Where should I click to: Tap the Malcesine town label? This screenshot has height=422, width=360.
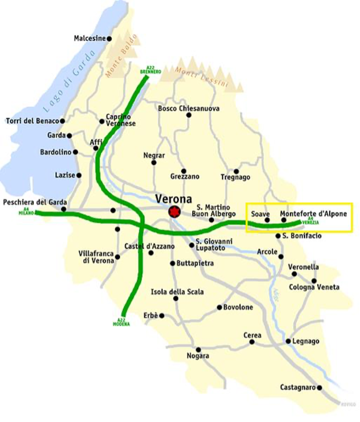point(89,38)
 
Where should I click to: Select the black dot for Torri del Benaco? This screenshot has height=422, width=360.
point(62,120)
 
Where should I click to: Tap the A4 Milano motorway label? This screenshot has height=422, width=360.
point(26,212)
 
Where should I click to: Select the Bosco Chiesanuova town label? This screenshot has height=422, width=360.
point(188,108)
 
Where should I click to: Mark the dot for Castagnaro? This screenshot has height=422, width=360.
point(320,388)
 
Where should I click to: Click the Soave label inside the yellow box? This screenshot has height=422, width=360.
point(260,214)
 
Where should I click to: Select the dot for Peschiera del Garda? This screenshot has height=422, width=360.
point(64,209)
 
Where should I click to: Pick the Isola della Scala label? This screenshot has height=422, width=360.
point(177,292)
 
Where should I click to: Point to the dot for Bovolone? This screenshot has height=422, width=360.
point(219,307)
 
